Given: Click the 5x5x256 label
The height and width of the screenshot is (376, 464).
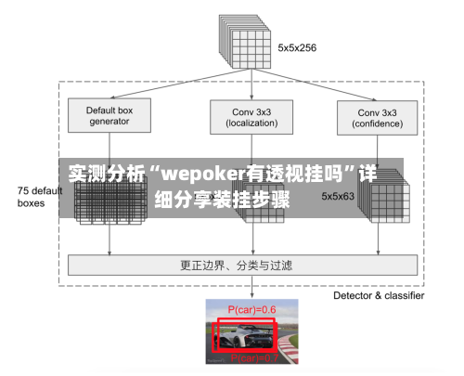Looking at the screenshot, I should pyautogui.click(x=297, y=47).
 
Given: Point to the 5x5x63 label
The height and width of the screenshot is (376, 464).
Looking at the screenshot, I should pyautogui.click(x=339, y=196).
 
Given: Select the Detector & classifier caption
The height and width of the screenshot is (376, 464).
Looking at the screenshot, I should pyautogui.click(x=379, y=295).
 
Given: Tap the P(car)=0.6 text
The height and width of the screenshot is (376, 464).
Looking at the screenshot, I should pyautogui.click(x=251, y=308).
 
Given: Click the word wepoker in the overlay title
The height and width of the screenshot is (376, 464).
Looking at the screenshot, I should pyautogui.click(x=203, y=174).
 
